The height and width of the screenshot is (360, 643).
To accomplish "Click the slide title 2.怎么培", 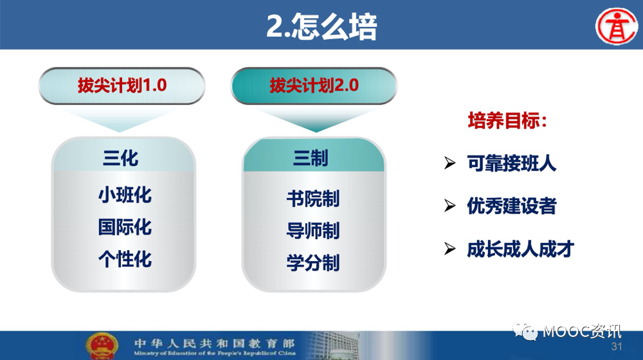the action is click(x=321, y=26).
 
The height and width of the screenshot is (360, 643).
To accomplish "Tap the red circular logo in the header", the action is click(x=617, y=26).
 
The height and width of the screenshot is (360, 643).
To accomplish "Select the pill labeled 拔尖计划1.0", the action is click(x=122, y=85).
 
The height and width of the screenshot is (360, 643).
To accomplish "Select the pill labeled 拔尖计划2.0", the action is click(x=314, y=85).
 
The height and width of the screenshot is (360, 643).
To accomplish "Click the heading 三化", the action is click(x=121, y=158).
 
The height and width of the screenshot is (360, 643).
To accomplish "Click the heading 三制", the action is click(x=311, y=158).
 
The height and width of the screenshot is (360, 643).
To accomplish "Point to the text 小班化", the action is click(x=125, y=195).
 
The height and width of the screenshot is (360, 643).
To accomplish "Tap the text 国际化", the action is click(x=125, y=227).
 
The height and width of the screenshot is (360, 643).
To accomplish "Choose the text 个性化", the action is click(x=125, y=259).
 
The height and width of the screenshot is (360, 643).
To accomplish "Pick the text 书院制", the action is click(x=313, y=199).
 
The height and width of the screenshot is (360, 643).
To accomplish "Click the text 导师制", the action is click(x=313, y=230).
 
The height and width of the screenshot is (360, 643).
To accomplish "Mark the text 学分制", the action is click(x=313, y=263).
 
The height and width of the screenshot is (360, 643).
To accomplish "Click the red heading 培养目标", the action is click(x=507, y=121).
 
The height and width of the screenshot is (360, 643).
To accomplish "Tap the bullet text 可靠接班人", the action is click(x=512, y=163).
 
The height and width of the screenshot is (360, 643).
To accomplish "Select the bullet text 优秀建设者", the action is click(x=512, y=206).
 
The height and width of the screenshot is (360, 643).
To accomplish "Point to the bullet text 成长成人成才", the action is click(x=520, y=249).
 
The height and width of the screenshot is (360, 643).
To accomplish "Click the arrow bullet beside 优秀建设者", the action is click(x=450, y=206).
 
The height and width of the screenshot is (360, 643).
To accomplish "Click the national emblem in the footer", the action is click(x=102, y=346).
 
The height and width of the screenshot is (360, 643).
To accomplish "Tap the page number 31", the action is click(x=617, y=346).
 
